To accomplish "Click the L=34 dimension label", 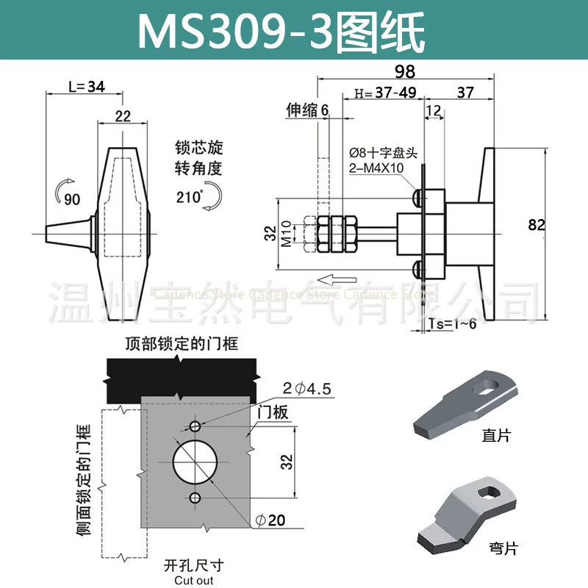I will (86, 87).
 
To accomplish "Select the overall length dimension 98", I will (405, 71).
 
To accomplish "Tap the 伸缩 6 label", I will (307, 110).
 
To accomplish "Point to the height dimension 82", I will (536, 225).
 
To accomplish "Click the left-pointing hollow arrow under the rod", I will (351, 279).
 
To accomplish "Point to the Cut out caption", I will (194, 581).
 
